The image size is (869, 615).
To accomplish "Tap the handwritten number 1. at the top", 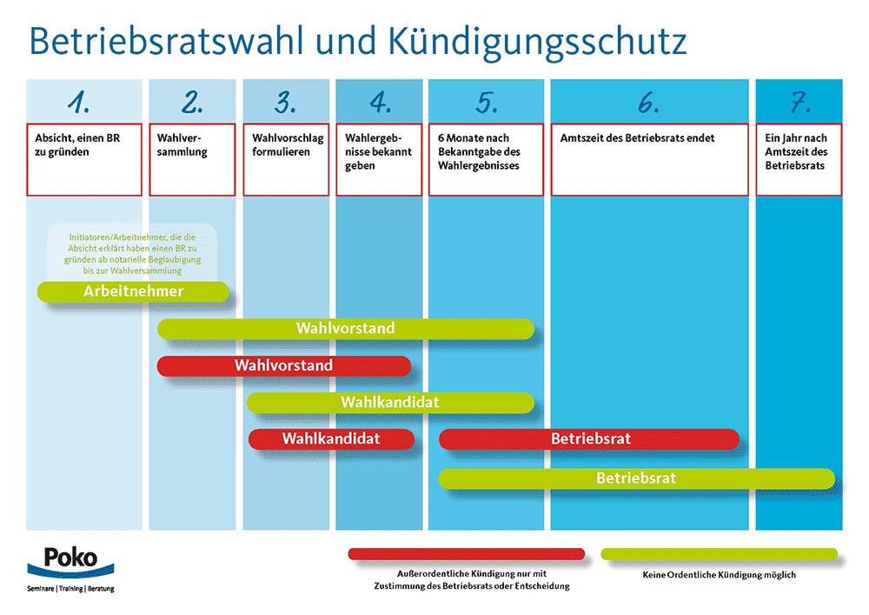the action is click(x=79, y=102).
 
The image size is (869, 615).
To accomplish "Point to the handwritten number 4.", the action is click(x=381, y=102).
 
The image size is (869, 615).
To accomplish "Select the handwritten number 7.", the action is click(x=800, y=102).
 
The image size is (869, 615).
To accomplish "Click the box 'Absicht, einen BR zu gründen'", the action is click(x=84, y=160).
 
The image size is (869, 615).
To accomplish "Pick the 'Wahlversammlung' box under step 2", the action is click(x=192, y=160).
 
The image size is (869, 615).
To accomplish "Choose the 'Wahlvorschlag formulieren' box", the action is click(x=286, y=160).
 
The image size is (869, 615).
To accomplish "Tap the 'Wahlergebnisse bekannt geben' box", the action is click(x=379, y=160).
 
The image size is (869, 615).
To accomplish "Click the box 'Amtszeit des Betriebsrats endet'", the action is click(x=649, y=160).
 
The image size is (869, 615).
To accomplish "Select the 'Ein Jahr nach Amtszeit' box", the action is click(x=799, y=160).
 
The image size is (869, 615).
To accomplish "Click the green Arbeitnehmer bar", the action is click(x=133, y=291).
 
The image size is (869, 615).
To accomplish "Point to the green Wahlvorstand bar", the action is click(x=346, y=329).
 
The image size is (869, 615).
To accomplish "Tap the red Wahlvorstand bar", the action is click(x=284, y=366).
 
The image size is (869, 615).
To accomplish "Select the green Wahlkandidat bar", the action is click(x=390, y=403).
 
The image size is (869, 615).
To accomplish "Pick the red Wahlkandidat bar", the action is click(x=331, y=439).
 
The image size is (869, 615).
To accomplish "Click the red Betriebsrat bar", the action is click(x=589, y=439).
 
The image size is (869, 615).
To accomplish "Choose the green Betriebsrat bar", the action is click(x=637, y=478).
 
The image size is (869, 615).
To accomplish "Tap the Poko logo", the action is click(x=71, y=569).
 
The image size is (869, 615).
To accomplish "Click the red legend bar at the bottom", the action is click(x=467, y=554).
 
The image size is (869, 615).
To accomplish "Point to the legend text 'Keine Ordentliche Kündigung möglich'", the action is click(x=720, y=575).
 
